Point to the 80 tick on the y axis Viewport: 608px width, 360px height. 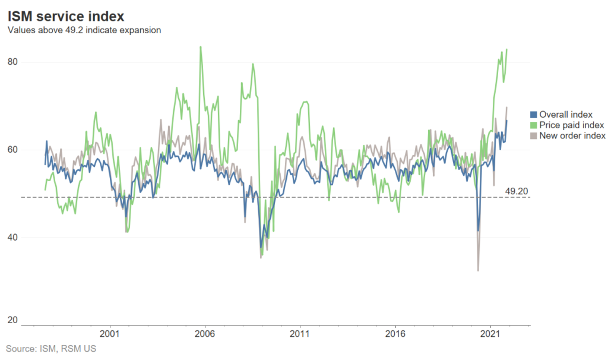pos(12,62)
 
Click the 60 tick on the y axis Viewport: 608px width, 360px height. pos(12,150)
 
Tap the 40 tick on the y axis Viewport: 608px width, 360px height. pos(12,238)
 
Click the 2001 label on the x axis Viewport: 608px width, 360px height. pos(110,334)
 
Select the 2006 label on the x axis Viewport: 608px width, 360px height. pos(205,334)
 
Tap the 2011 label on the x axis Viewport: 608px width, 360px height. pos(300,334)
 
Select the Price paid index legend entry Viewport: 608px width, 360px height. pos(571,125)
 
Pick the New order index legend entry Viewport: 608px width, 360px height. pos(572,135)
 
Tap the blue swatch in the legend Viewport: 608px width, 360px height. pos(533,114)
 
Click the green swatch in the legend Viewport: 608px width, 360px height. pos(533,125)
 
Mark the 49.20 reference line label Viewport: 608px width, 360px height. pos(516,191)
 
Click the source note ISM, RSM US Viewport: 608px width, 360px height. pos(50,348)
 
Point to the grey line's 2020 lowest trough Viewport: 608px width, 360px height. pos(478,271)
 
